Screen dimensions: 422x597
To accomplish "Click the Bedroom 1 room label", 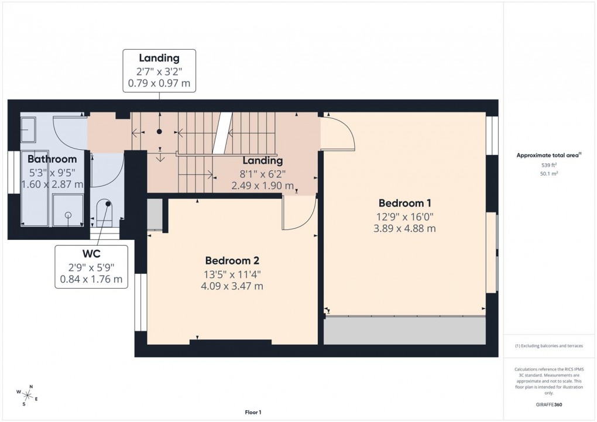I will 405,204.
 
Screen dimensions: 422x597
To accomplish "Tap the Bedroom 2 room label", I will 232,261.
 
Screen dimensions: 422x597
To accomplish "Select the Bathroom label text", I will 52,159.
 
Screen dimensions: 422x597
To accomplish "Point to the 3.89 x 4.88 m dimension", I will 405,229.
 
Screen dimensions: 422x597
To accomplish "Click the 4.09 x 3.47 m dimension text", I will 232,286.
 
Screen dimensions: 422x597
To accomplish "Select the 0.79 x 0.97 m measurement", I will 159,84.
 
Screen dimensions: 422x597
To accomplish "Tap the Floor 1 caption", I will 253,413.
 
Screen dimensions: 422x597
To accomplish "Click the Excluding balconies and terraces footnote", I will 548,346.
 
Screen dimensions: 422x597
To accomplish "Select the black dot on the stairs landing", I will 159,132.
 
